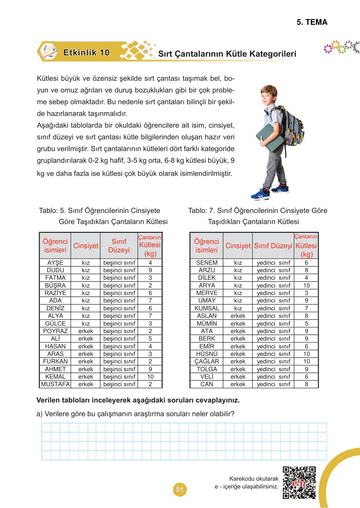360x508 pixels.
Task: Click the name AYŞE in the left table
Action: (x=55, y=263)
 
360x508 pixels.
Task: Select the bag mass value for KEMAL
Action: (x=150, y=377)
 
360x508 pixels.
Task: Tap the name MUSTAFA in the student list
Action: (x=55, y=384)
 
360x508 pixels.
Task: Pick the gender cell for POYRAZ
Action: (x=86, y=331)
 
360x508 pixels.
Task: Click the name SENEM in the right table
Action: (x=207, y=263)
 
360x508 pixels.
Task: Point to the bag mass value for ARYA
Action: (x=307, y=286)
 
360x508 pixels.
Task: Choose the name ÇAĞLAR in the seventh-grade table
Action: (x=207, y=361)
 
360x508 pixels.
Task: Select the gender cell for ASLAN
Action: (x=238, y=316)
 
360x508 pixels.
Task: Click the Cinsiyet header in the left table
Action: (x=86, y=246)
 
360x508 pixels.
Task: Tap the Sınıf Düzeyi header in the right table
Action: (x=273, y=246)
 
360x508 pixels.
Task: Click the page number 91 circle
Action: (x=180, y=489)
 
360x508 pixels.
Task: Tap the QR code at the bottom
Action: (x=299, y=483)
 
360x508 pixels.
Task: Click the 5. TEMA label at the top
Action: (x=312, y=22)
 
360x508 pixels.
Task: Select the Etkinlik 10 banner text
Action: (x=86, y=52)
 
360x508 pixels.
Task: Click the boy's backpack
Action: (x=291, y=127)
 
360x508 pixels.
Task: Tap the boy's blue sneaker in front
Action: (x=260, y=195)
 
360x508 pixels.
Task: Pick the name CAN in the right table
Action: (x=207, y=384)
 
